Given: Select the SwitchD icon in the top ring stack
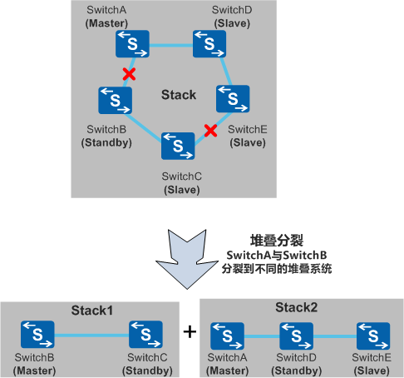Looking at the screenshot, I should (209, 44).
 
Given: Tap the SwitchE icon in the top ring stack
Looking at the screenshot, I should (233, 97).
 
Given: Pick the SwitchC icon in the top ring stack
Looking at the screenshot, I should (178, 144).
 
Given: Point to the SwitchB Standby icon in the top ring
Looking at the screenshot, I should (113, 99).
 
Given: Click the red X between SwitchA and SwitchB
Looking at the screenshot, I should (129, 74).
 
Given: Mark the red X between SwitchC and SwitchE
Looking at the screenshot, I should (211, 131).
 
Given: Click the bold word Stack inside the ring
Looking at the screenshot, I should (178, 94).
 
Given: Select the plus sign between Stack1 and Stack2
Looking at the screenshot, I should (190, 331).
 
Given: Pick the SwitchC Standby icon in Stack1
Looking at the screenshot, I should (146, 336).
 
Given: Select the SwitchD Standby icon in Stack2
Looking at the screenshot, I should (297, 336).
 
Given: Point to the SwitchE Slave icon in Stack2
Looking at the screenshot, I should (372, 336).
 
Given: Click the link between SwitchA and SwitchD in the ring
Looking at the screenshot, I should (171, 45).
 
